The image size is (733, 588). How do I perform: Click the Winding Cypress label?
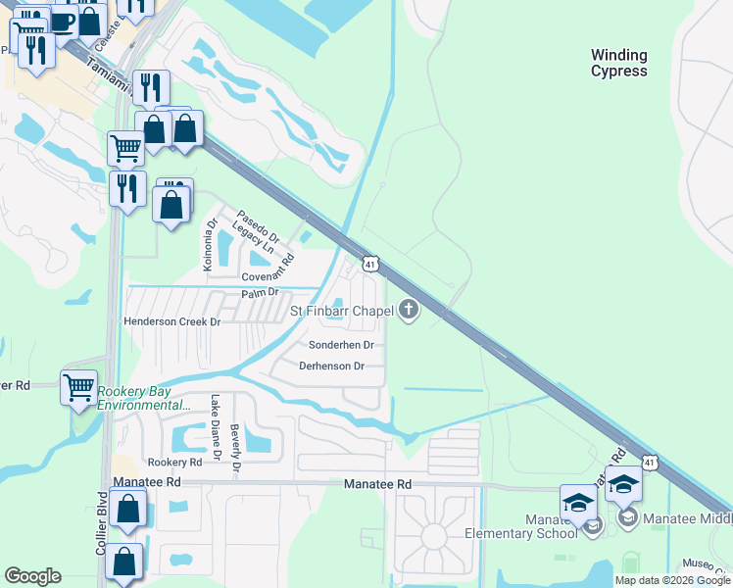coord(618,64)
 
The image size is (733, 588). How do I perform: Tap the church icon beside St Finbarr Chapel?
coord(409,311)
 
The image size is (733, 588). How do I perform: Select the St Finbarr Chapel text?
coord(341,311)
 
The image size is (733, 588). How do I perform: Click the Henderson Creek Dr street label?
coord(172,321)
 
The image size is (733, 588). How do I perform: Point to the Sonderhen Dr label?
coord(341,345)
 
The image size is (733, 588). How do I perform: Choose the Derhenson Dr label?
coord(331,367)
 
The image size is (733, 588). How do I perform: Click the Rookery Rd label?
coord(174,462)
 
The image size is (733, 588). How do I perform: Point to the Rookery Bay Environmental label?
coord(143,399)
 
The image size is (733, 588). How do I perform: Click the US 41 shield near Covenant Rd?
coord(368,264)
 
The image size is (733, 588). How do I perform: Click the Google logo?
coord(32,576)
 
